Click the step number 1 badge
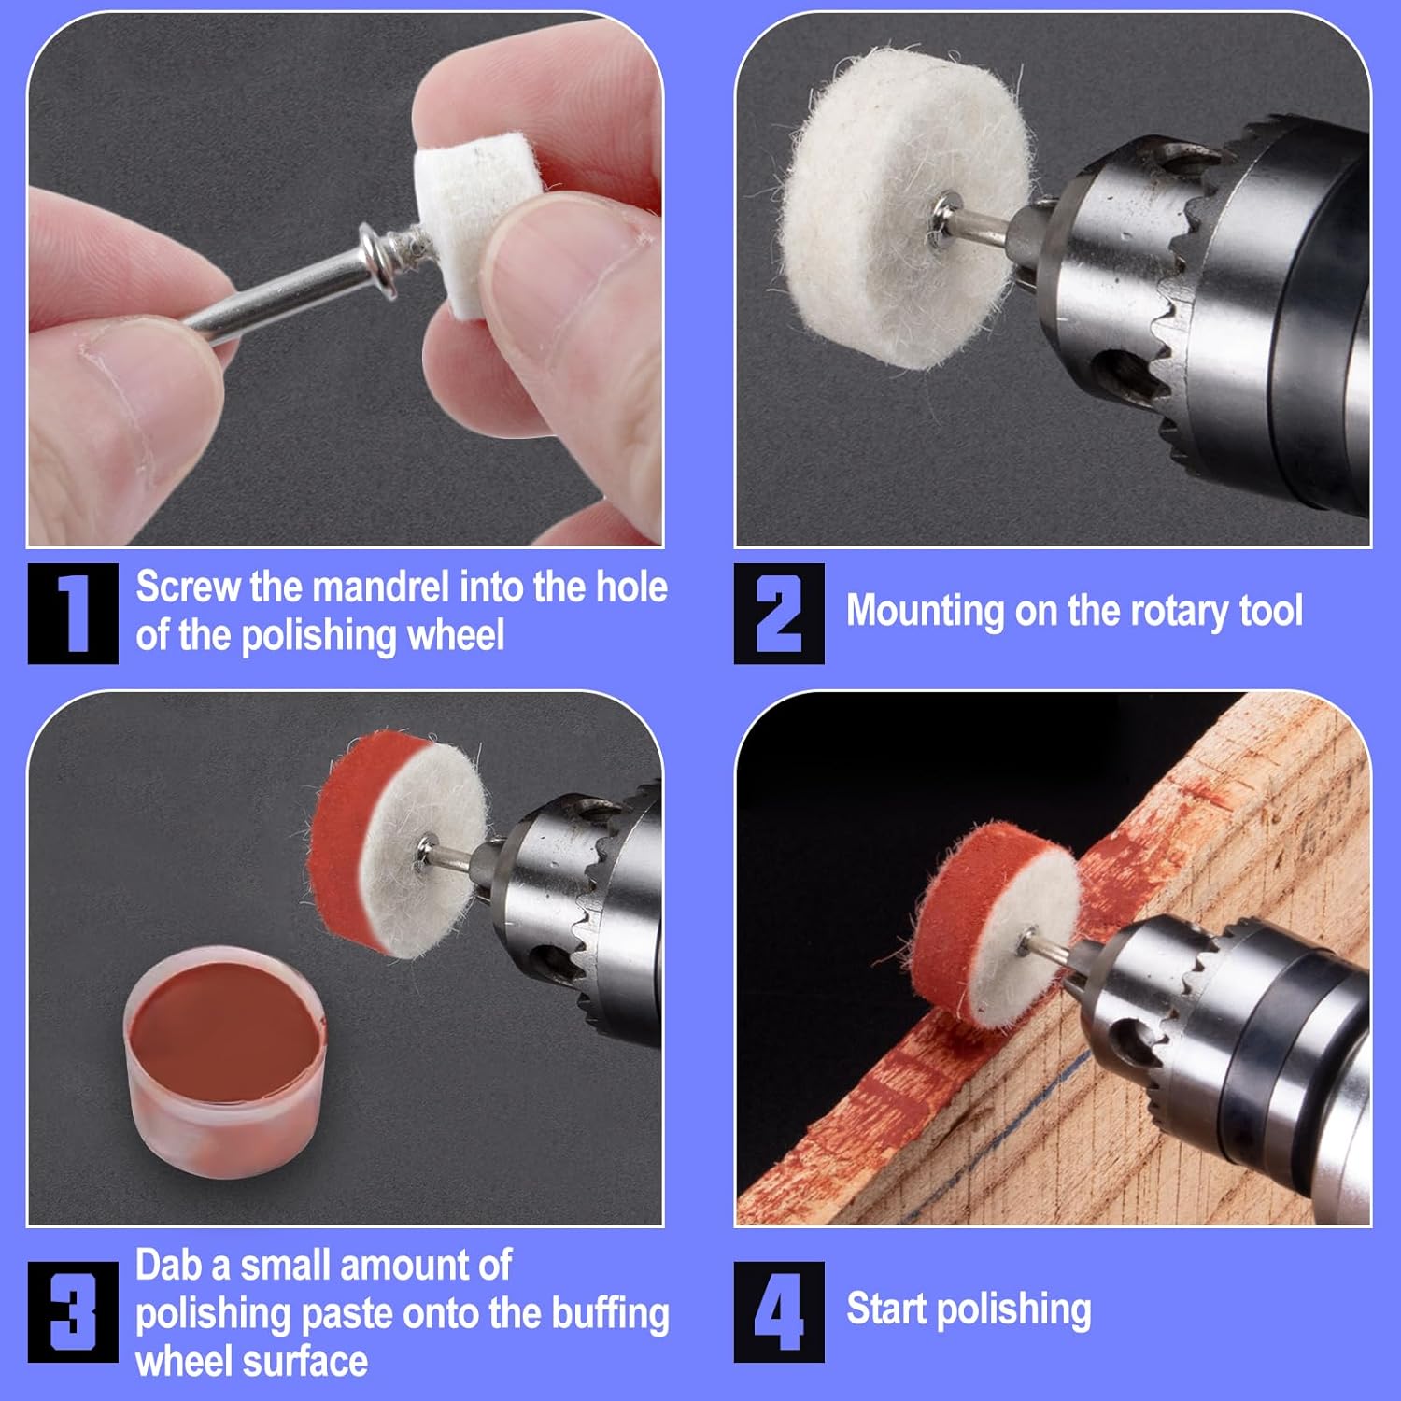pyautogui.click(x=73, y=614)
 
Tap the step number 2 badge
pyautogui.click(x=779, y=614)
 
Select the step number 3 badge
pyautogui.click(x=73, y=1311)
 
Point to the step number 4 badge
pyautogui.click(x=779, y=1311)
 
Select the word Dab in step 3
pyautogui.click(x=169, y=1266)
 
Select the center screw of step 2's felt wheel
pyautogui.click(x=945, y=221)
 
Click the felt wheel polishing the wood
pyautogui.click(x=995, y=925)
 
